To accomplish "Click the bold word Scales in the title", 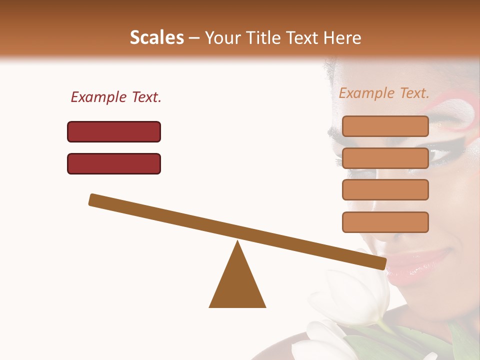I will (x=156, y=37).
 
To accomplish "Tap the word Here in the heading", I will (x=342, y=37).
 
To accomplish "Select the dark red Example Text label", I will (x=116, y=97).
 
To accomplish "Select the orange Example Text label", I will (x=384, y=93).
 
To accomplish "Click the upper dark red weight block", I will (x=114, y=131).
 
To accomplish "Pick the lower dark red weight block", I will (x=114, y=163).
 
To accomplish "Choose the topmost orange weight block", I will (x=385, y=126).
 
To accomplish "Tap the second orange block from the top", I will (x=385, y=158).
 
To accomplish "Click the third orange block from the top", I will (x=385, y=189).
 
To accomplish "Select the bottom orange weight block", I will (x=385, y=222).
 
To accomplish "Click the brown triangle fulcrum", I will (x=237, y=285).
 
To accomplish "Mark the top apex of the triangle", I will (x=238, y=242).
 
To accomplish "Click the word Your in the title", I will (x=221, y=37).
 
